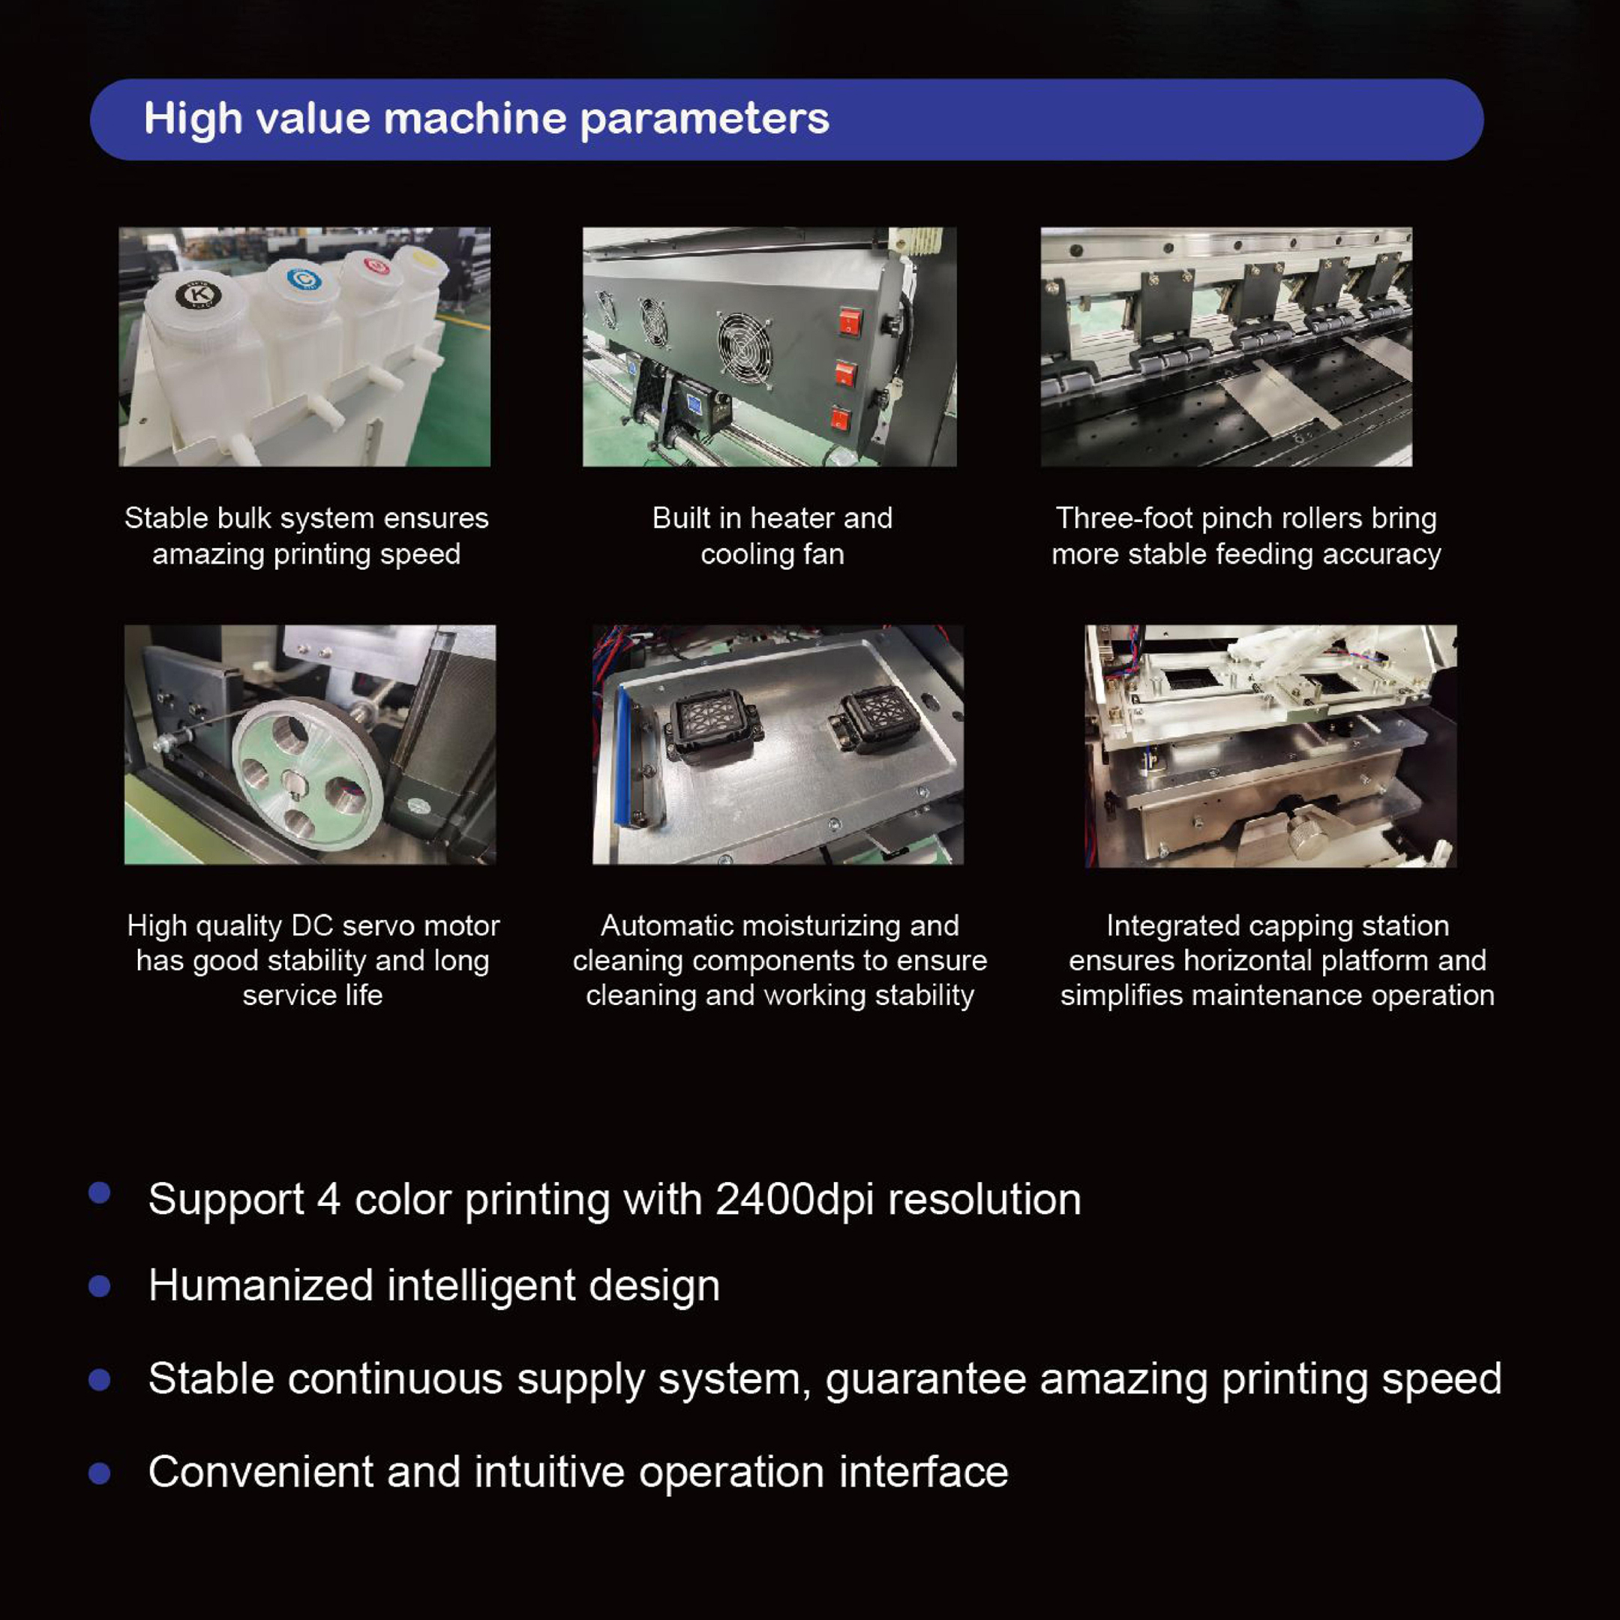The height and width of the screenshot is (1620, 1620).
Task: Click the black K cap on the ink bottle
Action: tap(199, 295)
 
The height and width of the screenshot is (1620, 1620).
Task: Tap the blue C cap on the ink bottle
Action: tap(304, 278)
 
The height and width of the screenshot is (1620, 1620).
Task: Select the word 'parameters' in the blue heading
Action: tap(704, 118)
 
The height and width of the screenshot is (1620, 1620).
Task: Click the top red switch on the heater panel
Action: tap(850, 321)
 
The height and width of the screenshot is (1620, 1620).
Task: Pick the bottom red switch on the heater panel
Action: tap(840, 418)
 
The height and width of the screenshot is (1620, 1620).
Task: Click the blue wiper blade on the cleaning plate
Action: tap(623, 756)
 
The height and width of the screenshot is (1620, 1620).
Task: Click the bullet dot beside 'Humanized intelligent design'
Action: tap(100, 1286)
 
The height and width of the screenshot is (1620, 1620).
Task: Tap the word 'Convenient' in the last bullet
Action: tap(261, 1471)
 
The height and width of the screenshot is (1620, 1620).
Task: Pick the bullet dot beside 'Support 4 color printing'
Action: tap(100, 1193)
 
